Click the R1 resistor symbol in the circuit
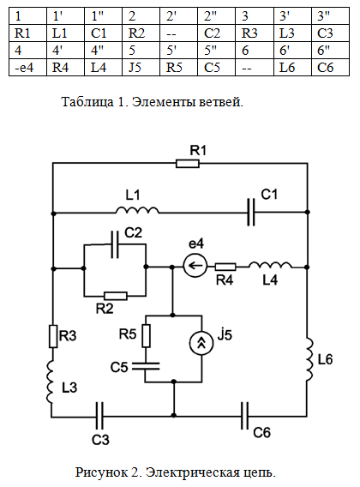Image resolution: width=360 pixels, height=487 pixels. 188,164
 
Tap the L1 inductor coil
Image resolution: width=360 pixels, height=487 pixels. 137,210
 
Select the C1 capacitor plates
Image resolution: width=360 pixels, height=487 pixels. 251,212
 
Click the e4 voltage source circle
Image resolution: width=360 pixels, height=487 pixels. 195,266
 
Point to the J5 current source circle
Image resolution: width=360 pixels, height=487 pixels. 201,343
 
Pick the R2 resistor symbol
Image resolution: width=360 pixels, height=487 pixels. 116,296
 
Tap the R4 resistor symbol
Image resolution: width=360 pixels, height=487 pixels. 225,267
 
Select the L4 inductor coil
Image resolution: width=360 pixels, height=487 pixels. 270,264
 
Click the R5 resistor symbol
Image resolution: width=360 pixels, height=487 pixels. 146,336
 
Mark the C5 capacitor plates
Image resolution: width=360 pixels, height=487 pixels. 146,366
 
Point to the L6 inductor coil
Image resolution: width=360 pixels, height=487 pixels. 309,359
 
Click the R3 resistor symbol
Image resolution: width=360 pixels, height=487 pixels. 53,336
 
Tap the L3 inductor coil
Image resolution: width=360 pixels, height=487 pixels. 50,382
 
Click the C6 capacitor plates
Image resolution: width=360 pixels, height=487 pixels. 245,416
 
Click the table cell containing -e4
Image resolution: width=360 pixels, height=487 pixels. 28,68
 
